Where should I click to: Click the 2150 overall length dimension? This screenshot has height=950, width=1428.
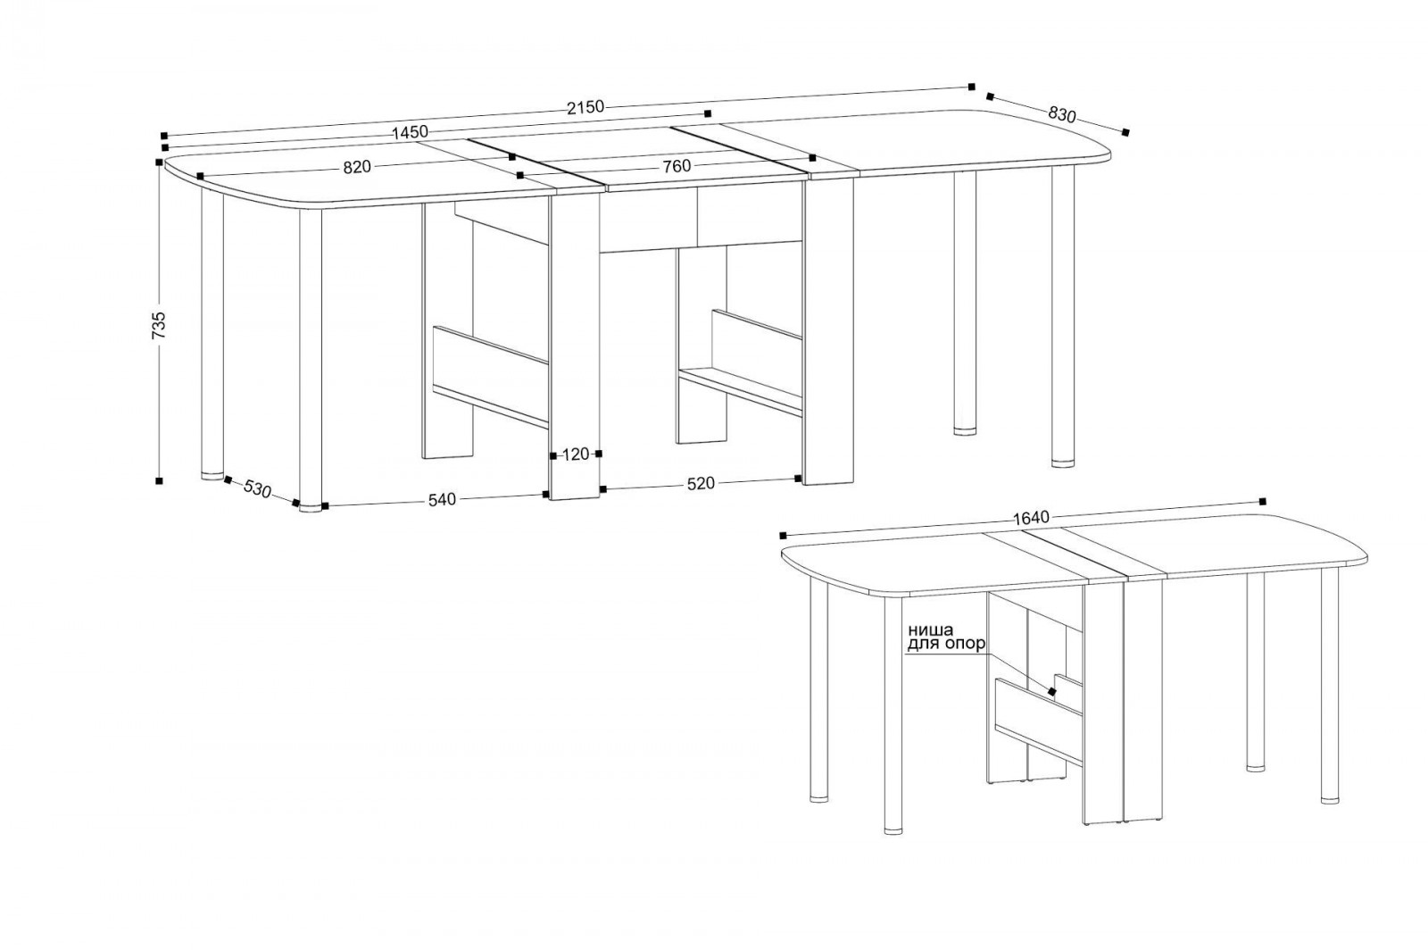point(585,107)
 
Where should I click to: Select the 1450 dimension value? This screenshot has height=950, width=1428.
point(410,133)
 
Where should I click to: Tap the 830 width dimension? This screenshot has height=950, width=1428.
point(1061,115)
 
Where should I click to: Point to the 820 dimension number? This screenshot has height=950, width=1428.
point(357,167)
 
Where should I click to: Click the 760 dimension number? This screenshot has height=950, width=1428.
point(677,166)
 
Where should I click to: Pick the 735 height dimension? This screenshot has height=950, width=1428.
point(160,324)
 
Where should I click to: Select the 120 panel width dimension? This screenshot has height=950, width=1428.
point(576,454)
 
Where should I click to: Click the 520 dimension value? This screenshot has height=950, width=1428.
point(700,484)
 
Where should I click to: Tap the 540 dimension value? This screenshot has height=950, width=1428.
point(442,500)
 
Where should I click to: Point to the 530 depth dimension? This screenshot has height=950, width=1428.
point(258,489)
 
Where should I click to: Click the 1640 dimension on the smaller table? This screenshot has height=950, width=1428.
point(1031,518)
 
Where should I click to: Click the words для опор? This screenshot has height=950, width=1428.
point(947,645)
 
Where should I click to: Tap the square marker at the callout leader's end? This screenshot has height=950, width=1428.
point(1051,691)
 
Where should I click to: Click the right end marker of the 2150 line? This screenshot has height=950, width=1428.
point(972,87)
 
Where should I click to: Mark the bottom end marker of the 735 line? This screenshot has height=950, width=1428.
point(159,480)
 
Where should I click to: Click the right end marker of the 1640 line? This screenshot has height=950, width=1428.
point(1263,501)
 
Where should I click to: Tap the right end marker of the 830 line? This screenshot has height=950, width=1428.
point(1125,133)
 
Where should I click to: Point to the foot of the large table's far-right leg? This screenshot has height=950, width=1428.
point(1063,462)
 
